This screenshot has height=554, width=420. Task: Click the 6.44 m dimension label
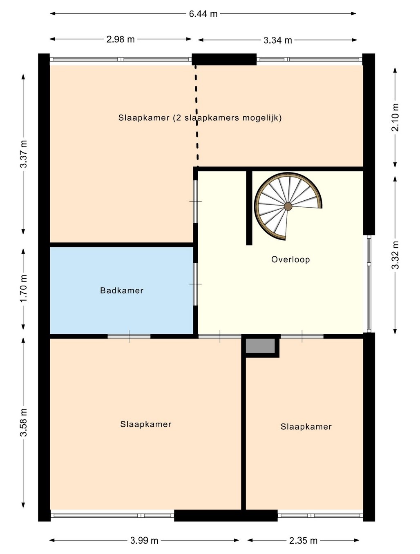(x=203, y=13)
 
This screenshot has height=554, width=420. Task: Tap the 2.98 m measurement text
(x=120, y=40)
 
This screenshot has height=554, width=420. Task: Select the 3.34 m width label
(x=278, y=40)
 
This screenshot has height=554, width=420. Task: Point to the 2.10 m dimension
(x=395, y=117)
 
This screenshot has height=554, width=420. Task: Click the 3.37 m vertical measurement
(x=24, y=154)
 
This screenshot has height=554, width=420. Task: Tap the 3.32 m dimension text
(x=395, y=255)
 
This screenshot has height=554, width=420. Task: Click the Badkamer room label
(x=122, y=290)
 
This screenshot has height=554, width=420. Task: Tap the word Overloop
(x=290, y=259)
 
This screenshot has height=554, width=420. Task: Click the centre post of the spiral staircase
(x=288, y=206)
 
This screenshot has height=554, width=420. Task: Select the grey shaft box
(x=260, y=346)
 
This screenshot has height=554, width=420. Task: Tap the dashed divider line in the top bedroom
(x=197, y=116)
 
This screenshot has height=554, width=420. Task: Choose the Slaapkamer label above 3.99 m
(x=146, y=424)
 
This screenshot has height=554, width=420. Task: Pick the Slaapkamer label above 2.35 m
(x=306, y=427)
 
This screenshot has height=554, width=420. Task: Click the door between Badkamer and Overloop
(x=195, y=284)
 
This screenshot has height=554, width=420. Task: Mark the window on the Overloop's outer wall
(x=369, y=284)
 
